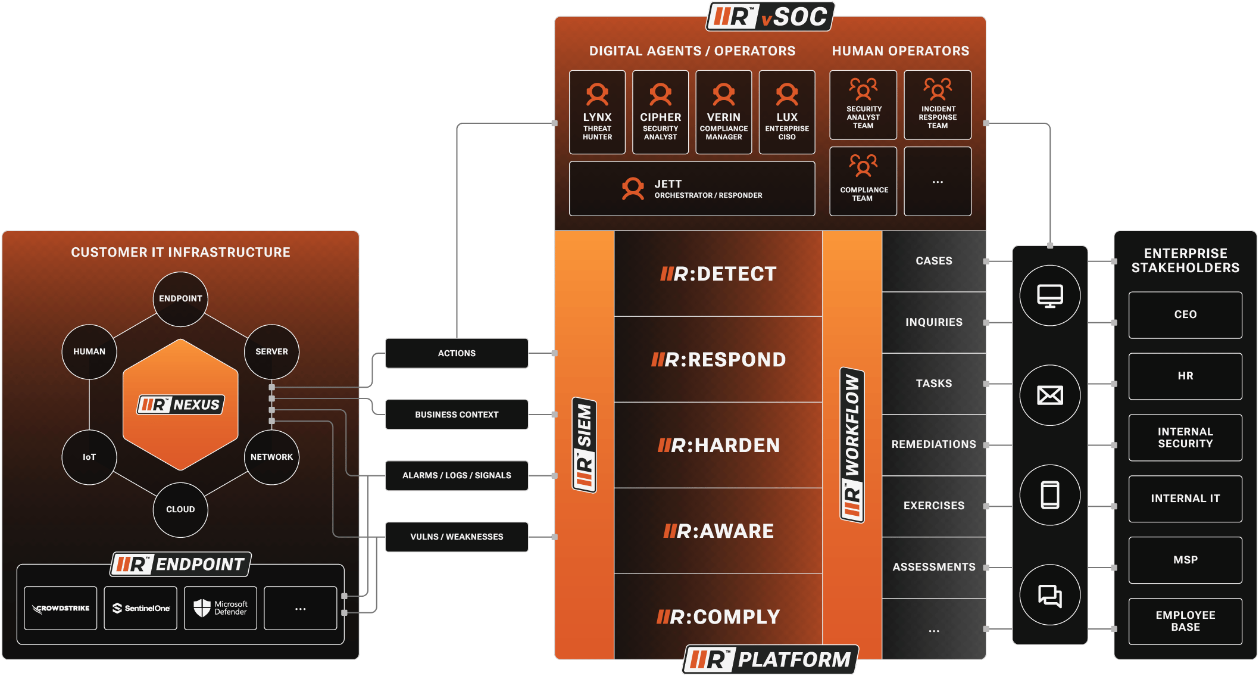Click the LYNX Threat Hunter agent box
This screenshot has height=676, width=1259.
597,112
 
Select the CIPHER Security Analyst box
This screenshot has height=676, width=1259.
660,112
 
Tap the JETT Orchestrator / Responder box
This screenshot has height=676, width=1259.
692,188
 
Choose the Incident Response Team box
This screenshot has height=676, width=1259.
938,105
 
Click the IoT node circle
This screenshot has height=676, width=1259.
89,457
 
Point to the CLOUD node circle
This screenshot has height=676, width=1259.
180,509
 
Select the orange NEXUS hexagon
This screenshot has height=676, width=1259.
180,404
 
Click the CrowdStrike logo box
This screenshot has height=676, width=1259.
61,608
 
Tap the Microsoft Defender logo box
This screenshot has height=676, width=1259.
220,608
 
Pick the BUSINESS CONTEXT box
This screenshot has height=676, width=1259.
457,415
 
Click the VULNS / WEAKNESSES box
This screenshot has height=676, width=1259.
457,537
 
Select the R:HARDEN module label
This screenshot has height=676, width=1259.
718,446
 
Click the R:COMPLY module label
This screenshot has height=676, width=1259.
718,617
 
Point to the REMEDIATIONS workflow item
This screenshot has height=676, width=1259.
933,444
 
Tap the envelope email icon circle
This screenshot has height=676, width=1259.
1050,395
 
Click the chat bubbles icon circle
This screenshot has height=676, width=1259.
1050,595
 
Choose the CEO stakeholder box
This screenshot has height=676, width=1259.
1185,314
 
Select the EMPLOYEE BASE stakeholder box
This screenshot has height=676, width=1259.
1185,621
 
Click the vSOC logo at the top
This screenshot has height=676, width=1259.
770,17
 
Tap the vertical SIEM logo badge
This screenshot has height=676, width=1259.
585,445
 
